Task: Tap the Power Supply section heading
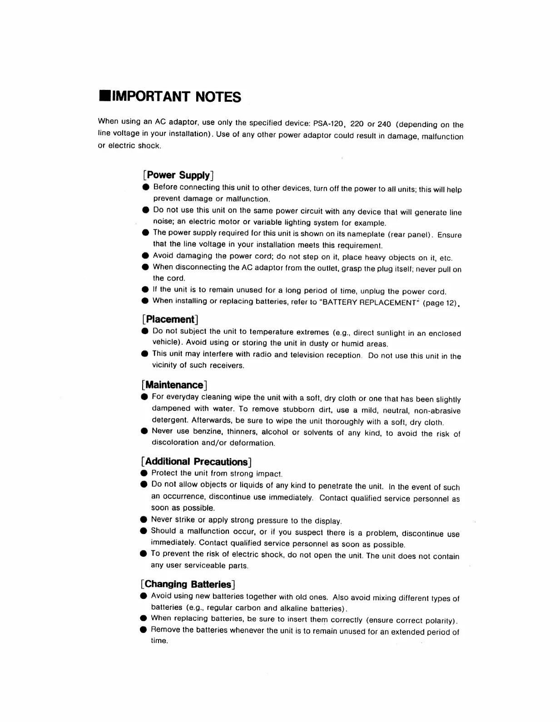point(178,175)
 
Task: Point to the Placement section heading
point(171,319)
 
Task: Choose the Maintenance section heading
point(174,385)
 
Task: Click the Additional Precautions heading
point(196,462)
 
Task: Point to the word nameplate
point(361,234)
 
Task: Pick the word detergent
point(170,420)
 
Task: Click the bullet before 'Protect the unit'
point(144,473)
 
